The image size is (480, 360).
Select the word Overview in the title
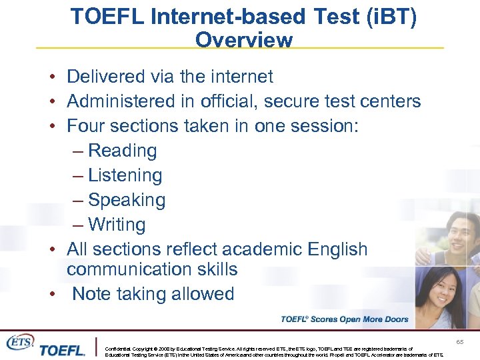[243, 40]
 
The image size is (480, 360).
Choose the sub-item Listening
[125, 175]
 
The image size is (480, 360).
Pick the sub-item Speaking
[126, 200]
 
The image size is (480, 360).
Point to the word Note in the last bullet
[91, 294]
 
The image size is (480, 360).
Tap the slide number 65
[459, 341]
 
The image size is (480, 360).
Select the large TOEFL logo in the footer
[62, 350]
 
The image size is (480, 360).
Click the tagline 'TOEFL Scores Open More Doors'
[344, 319]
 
